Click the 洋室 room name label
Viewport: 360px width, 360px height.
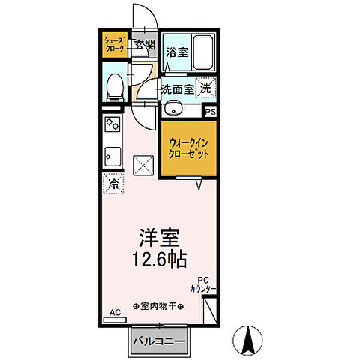tap(157, 238)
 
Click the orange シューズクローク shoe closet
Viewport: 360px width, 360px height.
tap(115, 44)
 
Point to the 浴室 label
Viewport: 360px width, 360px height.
tap(176, 53)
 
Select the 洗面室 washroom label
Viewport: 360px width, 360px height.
tap(176, 88)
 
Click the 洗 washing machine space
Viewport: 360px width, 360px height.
tap(205, 87)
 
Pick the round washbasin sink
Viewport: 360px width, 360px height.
tap(171, 107)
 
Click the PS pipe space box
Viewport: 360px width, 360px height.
tap(211, 112)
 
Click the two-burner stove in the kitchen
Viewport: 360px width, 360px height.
tap(112, 122)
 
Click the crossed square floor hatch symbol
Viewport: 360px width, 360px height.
tap(142, 164)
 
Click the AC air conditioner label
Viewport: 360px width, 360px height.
tap(115, 312)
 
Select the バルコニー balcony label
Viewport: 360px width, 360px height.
tap(160, 341)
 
